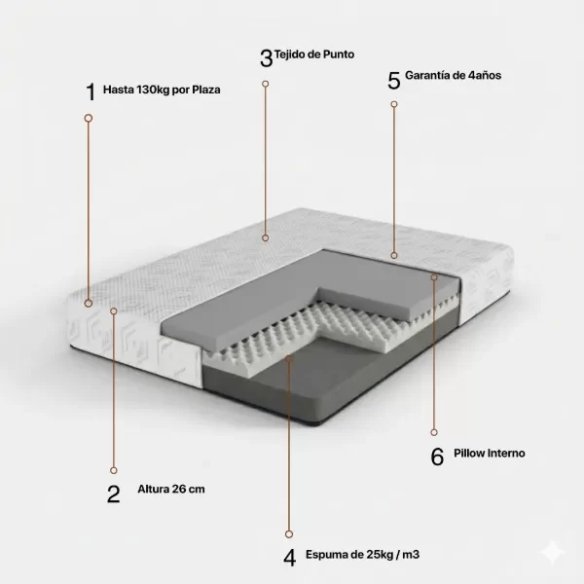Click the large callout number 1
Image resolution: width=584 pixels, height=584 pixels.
(91, 92)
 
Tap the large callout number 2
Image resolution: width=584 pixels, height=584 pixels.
(113, 494)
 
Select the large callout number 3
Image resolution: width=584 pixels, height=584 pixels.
(267, 58)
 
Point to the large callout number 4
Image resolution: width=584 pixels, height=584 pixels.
(289, 558)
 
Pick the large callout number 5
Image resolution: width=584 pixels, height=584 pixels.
(394, 81)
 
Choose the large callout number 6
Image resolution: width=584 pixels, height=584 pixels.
(437, 456)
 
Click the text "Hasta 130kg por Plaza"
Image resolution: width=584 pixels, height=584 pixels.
(162, 90)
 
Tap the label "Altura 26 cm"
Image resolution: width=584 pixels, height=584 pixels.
(171, 489)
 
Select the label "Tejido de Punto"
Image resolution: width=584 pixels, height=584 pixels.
(314, 55)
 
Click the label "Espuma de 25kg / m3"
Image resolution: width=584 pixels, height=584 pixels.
(362, 555)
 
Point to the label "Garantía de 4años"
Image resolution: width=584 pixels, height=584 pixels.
(453, 75)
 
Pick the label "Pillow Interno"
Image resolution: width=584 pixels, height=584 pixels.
(490, 454)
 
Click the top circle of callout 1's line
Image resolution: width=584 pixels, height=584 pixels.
(89, 118)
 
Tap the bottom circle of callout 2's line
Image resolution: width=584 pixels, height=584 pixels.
(114, 470)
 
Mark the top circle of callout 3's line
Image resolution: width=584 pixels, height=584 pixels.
(265, 84)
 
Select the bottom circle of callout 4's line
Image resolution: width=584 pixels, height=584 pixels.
(289, 534)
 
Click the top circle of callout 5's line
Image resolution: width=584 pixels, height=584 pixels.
(394, 104)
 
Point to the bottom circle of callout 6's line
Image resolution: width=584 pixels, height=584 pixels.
(434, 432)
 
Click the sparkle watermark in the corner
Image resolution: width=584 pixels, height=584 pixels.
(553, 552)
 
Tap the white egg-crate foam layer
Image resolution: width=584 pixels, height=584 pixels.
(306, 333)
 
